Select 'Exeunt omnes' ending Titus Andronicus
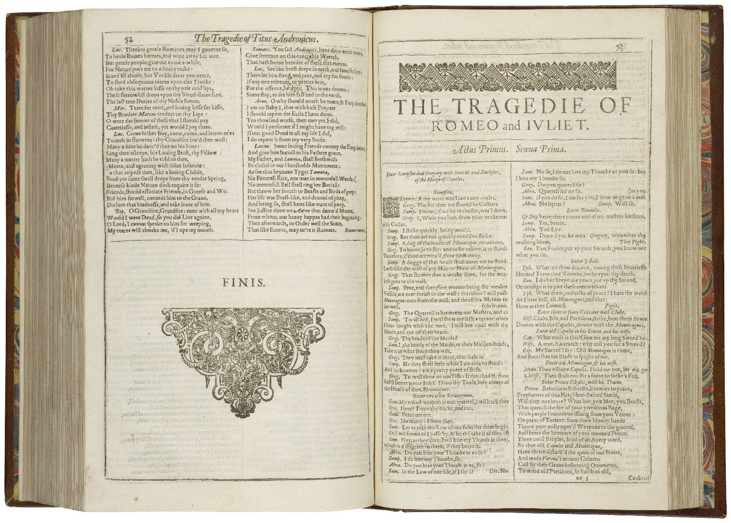355,229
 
